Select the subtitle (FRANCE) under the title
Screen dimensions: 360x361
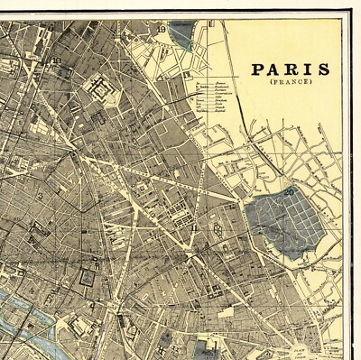[290, 83]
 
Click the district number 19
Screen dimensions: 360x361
[162, 29]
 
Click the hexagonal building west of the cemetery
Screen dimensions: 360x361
[219, 234]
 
